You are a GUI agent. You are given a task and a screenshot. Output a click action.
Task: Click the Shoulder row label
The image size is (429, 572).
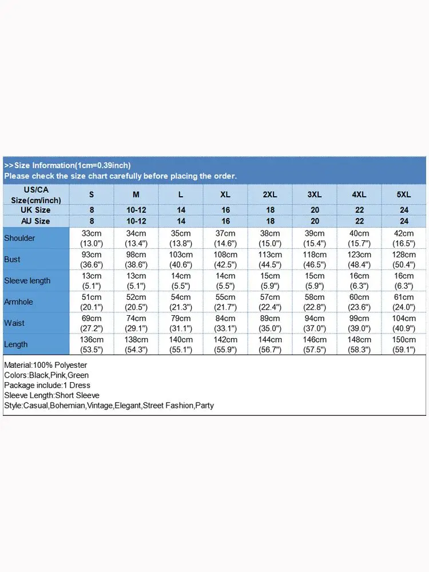pos(19,238)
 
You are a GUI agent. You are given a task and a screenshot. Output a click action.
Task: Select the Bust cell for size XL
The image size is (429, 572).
pos(225,259)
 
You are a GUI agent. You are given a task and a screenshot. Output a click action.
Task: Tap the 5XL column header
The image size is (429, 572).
pos(404,194)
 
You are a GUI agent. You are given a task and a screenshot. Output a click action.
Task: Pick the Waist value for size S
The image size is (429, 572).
pos(92,323)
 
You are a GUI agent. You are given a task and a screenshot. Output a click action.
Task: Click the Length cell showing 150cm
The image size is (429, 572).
pos(404,344)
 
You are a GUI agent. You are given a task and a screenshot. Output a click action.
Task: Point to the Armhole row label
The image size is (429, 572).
pos(19,302)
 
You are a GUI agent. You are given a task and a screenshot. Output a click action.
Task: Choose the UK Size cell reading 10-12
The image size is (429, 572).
pos(136,210)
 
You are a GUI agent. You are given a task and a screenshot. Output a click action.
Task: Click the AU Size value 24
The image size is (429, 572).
pos(404,221)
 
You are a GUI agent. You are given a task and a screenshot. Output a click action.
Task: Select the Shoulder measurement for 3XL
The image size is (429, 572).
pos(315,238)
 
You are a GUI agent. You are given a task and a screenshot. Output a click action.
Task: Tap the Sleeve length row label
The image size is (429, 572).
pos(27,281)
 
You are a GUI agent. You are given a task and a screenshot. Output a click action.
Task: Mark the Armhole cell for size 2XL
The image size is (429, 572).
pos(270,302)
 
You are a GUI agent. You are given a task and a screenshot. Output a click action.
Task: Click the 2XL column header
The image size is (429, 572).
pos(270,194)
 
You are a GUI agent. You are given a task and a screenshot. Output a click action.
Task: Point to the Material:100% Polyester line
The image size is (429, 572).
pos(45,365)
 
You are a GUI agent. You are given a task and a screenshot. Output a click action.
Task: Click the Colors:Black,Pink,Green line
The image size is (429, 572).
pos(46,375)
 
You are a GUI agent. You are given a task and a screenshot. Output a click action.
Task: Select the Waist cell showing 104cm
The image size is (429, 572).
pos(404,323)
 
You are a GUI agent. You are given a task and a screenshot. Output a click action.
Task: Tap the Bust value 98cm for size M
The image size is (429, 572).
pos(136,259)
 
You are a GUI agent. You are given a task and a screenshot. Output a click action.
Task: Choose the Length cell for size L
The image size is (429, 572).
pos(181,344)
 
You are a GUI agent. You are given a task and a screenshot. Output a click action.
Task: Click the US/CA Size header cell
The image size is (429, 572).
pos(36,194)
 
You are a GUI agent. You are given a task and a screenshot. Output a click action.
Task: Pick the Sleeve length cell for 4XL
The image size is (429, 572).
pos(359,281)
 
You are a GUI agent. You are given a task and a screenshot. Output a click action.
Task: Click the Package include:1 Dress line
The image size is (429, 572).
pos(47,386)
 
